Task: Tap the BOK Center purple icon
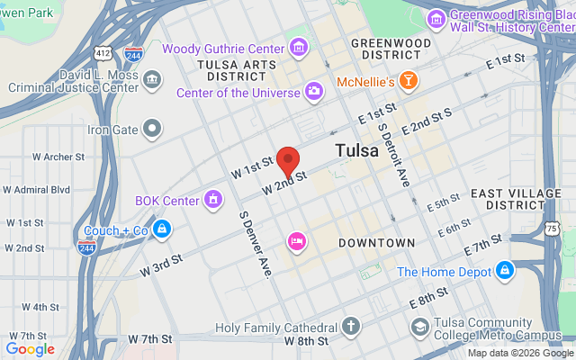(x=213, y=199)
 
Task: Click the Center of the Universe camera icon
(x=313, y=90)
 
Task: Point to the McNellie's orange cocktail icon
(x=409, y=82)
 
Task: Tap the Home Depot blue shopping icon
(x=505, y=270)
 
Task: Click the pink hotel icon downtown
(x=296, y=241)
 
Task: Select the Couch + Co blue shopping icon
(x=161, y=229)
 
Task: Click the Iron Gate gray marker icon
(x=152, y=130)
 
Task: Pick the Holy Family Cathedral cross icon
(x=350, y=327)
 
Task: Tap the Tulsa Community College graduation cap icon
(x=418, y=328)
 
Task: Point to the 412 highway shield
(x=106, y=53)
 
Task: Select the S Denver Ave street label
(x=255, y=245)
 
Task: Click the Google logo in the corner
(x=30, y=349)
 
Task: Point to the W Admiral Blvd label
(x=36, y=190)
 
